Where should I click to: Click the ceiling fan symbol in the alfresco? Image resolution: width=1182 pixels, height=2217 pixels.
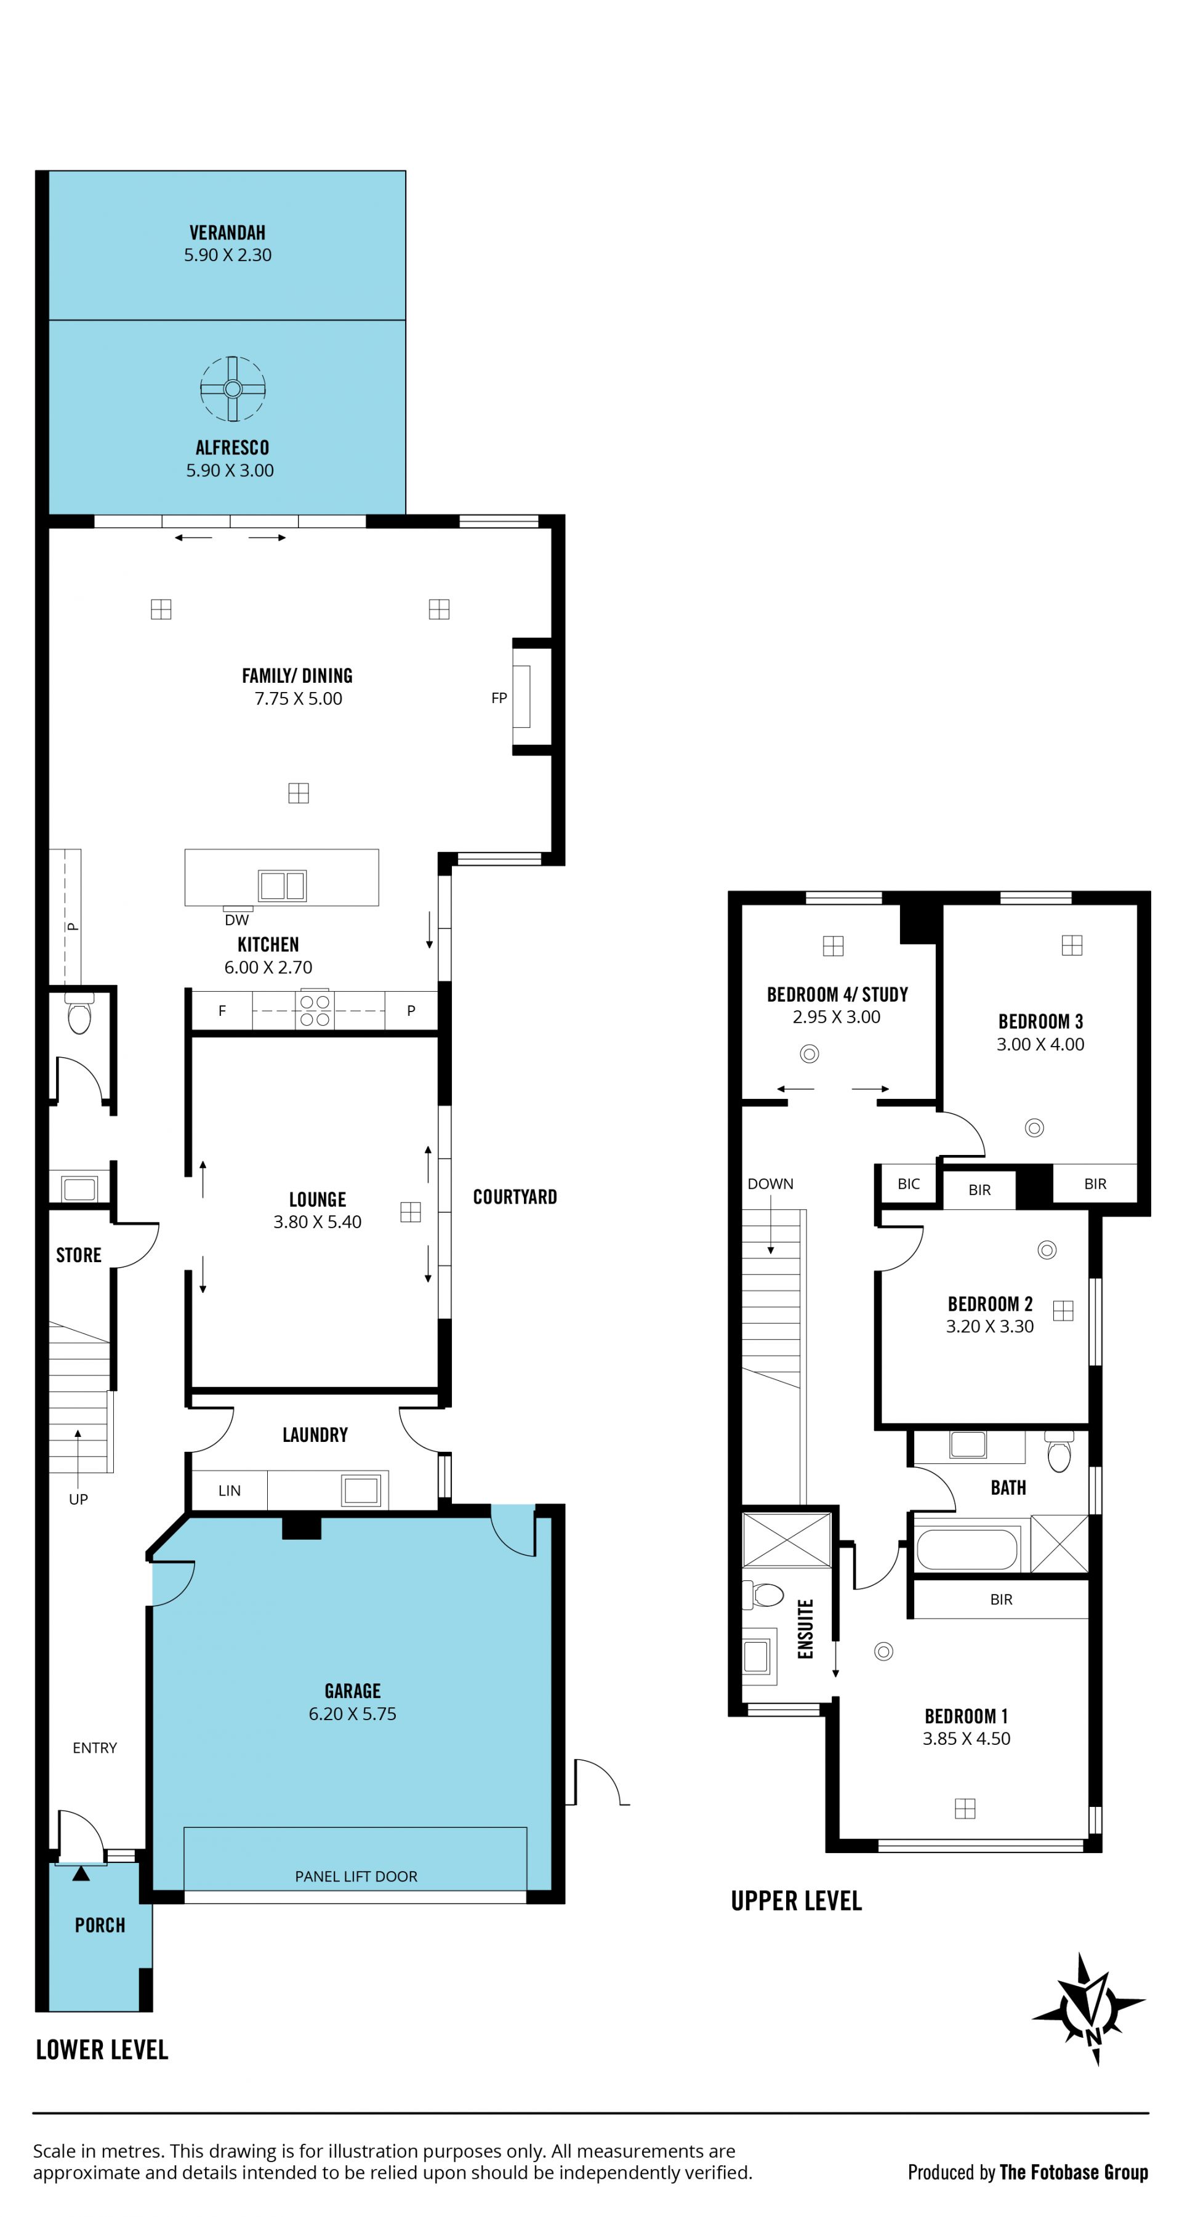point(233,389)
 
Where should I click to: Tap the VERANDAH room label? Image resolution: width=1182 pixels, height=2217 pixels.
point(227,232)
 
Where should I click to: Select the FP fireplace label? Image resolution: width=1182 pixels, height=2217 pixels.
point(499,698)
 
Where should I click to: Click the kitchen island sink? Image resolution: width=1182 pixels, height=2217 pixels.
point(283,885)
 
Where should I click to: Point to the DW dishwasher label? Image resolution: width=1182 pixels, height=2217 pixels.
point(237,920)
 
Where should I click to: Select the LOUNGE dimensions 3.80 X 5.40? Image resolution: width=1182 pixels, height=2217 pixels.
point(318,1222)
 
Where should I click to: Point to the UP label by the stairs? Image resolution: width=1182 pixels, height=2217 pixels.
point(78,1499)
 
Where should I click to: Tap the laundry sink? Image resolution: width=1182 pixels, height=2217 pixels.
point(361,1490)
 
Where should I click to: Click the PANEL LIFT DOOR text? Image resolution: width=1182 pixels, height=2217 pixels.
point(356,1876)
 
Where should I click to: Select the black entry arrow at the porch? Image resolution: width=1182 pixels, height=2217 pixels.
point(81,1873)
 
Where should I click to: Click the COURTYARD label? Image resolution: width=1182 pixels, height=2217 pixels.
point(515,1197)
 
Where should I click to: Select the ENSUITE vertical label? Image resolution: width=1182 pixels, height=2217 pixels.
point(806,1628)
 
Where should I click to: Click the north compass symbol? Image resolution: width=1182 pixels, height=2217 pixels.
point(1090,2009)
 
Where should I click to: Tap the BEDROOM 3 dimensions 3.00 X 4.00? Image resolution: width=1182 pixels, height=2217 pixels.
point(1040,1044)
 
